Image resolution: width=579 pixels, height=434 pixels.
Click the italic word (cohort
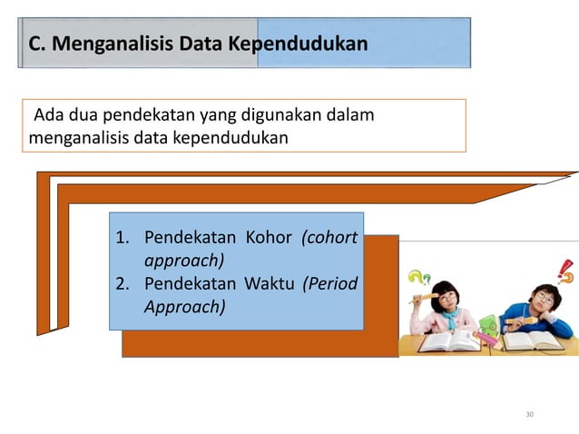point(329,239)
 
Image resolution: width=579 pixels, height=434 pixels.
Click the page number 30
point(530,414)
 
